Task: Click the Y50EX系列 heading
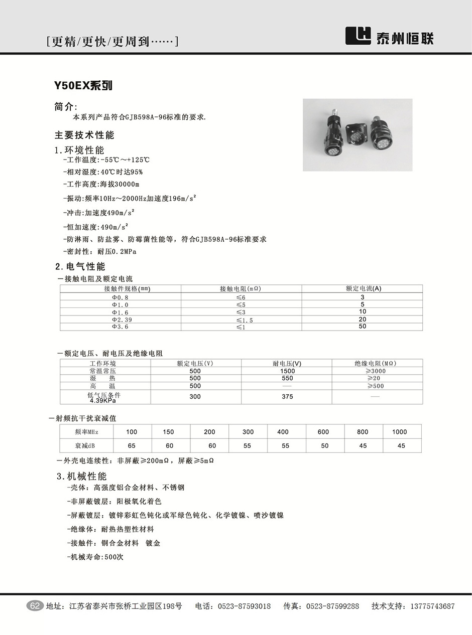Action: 83,86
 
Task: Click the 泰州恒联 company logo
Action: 389,36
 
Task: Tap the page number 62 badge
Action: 35,606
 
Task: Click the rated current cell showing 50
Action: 363,327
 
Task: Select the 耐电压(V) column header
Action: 287,363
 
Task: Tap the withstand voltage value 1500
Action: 287,371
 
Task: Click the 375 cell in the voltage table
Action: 287,396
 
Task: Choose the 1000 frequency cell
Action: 400,431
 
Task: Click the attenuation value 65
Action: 132,445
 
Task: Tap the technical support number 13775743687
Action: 432,606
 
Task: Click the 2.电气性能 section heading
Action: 80,266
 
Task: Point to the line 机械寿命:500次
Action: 95,557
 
